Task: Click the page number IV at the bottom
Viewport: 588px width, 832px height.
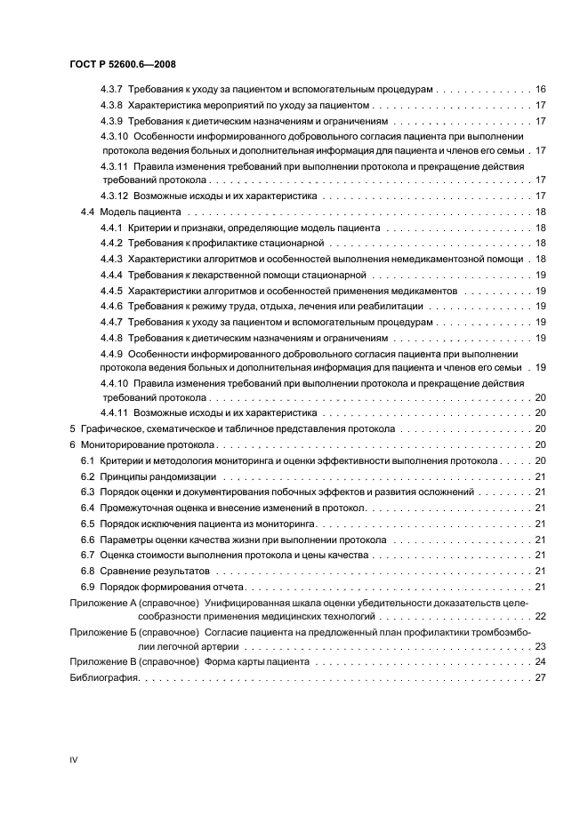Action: click(x=74, y=760)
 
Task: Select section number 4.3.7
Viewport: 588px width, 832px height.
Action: click(x=112, y=91)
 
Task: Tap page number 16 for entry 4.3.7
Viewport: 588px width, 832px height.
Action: click(x=539, y=91)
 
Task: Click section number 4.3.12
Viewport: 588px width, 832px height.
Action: click(x=115, y=196)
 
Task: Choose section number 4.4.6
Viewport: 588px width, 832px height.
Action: click(x=112, y=306)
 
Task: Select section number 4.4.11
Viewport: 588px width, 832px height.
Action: click(x=115, y=413)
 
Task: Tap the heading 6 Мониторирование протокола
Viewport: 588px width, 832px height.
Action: click(x=142, y=444)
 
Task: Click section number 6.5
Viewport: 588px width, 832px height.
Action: click(x=88, y=524)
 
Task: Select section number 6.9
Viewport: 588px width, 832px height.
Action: click(x=88, y=587)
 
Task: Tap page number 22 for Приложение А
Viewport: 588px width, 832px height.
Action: click(x=539, y=615)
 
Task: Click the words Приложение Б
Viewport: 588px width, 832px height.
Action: click(x=100, y=632)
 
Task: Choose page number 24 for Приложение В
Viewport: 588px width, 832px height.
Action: click(x=539, y=662)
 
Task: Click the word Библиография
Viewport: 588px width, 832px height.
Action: click(x=103, y=678)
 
